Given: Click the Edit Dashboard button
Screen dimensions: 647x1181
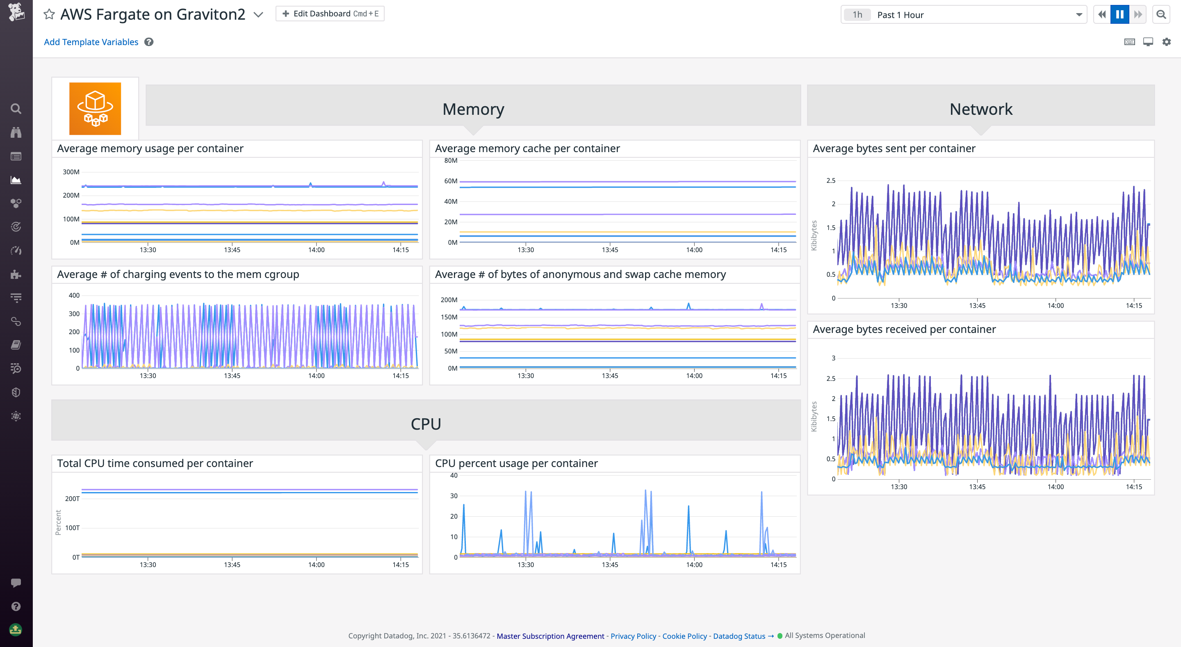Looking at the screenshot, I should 330,14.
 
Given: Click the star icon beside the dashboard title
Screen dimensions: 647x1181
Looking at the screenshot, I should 49,14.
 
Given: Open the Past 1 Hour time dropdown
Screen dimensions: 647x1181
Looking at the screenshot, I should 964,15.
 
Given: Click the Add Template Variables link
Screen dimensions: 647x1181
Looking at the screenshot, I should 91,42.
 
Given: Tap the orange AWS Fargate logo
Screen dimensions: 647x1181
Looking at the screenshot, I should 95,109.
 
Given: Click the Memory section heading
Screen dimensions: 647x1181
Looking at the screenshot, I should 473,109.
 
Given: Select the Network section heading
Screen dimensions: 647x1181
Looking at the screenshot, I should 980,109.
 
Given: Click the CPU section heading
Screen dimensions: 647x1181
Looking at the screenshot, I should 426,424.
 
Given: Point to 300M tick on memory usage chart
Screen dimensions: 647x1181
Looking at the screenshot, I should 71,172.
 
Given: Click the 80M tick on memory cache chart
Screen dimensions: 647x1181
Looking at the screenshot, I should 450,160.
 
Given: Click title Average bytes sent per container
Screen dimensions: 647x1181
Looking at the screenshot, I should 894,148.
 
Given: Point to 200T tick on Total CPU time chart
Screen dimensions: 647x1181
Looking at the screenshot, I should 72,499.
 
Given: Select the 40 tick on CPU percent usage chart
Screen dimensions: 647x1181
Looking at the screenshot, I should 454,475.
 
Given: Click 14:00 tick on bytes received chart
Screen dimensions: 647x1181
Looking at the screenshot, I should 1056,487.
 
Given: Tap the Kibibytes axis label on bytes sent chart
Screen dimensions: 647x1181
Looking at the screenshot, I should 814,236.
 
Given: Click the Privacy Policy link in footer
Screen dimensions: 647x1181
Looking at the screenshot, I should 633,636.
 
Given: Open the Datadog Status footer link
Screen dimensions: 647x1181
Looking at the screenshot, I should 739,636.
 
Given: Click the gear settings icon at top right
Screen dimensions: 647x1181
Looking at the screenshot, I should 1166,42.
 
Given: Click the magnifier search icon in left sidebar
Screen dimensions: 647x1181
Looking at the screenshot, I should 16,109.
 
